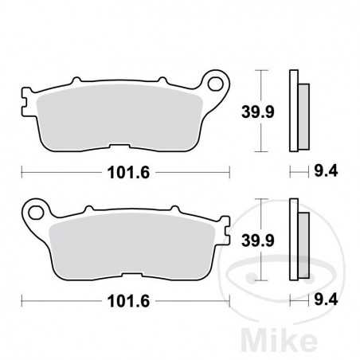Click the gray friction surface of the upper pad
click(x=119, y=115)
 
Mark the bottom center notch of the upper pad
click(x=120, y=146)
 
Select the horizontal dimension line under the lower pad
click(x=64, y=301)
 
